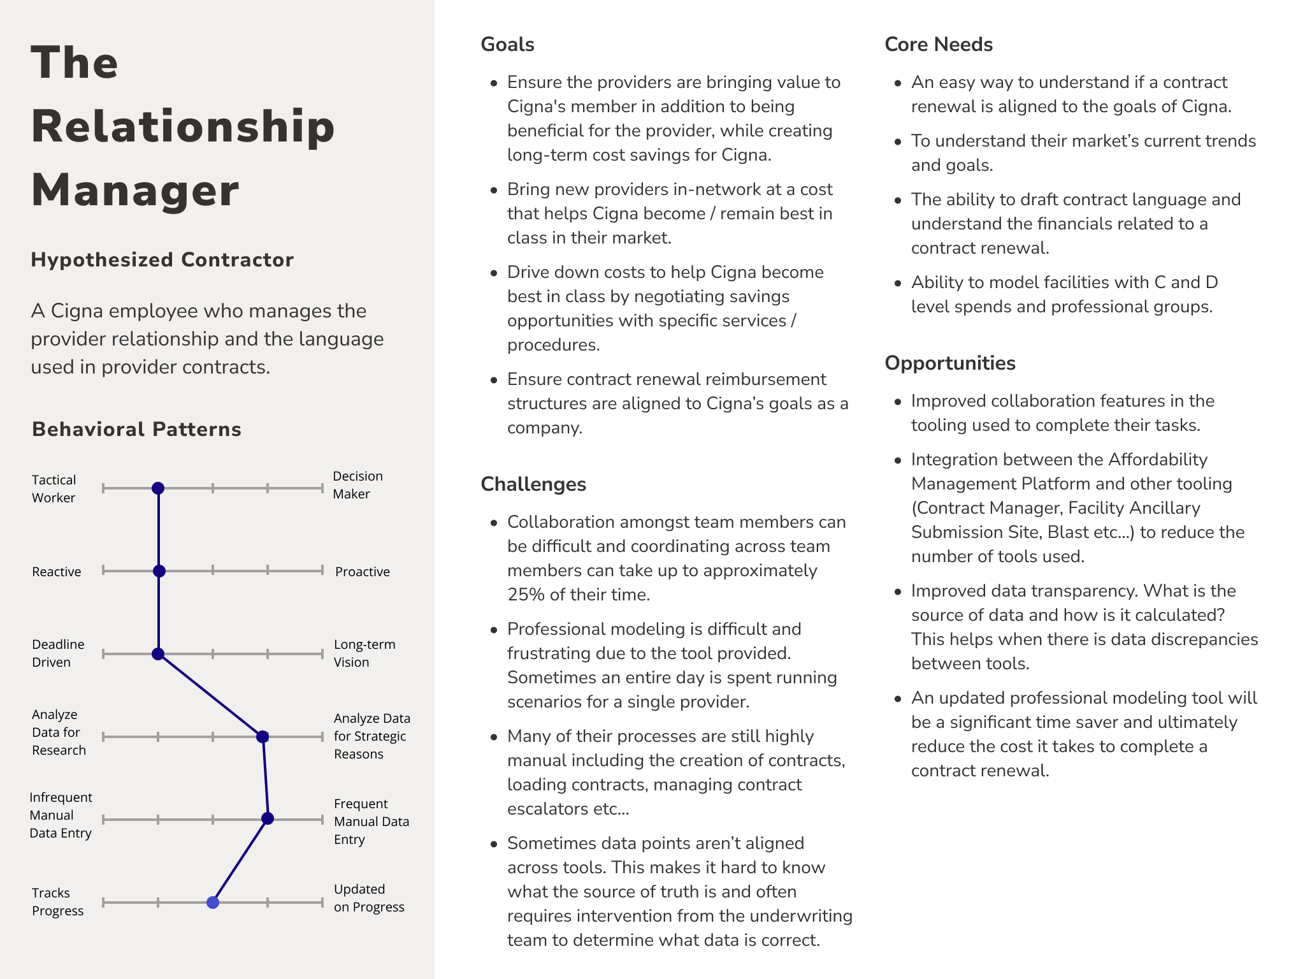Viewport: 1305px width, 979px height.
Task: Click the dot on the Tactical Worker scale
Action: (x=158, y=488)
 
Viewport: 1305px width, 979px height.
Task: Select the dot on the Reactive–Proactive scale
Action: (x=159, y=571)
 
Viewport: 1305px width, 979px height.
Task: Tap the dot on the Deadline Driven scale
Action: (x=158, y=654)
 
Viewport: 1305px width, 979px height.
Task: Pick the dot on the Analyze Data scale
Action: (x=262, y=737)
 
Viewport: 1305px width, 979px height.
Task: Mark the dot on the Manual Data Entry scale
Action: (x=268, y=818)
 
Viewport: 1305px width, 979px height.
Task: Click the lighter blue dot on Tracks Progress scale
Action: (x=213, y=903)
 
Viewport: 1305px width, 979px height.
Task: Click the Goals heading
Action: (x=507, y=45)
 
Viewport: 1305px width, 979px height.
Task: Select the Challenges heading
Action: (x=533, y=484)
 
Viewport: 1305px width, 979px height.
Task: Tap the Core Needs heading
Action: (x=939, y=45)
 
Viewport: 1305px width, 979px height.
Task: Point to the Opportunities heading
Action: (x=950, y=363)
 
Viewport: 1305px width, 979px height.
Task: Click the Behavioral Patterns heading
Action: (x=136, y=430)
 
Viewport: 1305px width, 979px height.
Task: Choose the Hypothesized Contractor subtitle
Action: (x=162, y=260)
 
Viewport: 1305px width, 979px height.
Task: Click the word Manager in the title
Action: (x=135, y=190)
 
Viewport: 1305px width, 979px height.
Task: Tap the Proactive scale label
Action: (x=363, y=572)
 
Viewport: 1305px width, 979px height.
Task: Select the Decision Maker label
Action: (x=357, y=485)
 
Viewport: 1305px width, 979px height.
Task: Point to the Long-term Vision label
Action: (x=364, y=653)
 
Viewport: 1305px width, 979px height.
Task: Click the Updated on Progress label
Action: (x=369, y=898)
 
